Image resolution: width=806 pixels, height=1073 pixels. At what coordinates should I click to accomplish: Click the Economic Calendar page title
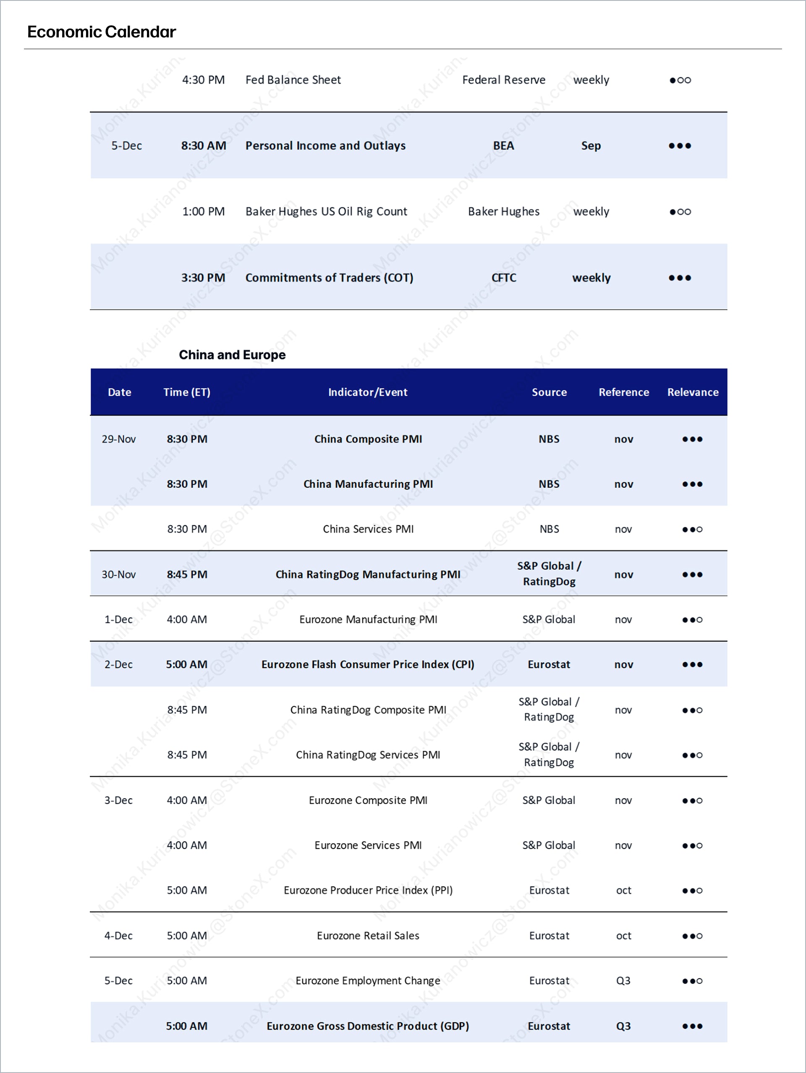101,32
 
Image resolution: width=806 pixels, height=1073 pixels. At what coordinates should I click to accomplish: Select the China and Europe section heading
232,355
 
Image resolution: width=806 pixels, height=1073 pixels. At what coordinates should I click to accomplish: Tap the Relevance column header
693,392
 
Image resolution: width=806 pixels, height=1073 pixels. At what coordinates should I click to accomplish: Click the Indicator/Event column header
368,392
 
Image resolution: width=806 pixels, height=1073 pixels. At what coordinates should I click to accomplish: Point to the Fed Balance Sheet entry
293,80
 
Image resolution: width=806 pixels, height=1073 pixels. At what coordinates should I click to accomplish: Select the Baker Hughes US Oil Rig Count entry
326,211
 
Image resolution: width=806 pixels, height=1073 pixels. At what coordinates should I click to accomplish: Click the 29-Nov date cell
119,439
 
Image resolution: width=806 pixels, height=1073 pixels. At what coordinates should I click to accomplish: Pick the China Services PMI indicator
368,529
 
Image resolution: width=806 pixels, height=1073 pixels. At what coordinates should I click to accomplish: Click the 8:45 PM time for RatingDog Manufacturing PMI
187,574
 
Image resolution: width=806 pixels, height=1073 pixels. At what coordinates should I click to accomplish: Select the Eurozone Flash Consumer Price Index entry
368,665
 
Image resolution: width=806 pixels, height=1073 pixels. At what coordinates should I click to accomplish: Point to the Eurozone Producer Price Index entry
368,890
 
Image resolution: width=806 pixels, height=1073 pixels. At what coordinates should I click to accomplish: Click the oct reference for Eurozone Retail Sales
623,935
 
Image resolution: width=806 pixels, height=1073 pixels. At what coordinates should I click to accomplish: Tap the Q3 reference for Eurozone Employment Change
623,980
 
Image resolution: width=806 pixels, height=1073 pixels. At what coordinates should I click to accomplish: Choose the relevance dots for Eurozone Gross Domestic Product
692,1026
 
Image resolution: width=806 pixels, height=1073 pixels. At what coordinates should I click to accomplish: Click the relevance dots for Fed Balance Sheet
680,80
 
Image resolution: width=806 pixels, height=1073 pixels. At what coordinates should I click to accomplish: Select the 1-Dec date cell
119,619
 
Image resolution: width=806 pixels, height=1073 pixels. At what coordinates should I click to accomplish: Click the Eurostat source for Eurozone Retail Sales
549,935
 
